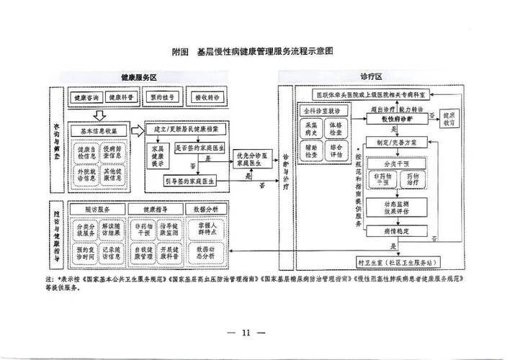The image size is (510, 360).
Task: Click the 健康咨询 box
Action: [x=86, y=96]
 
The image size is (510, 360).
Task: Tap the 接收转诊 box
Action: [x=207, y=96]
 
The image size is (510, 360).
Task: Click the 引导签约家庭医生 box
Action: [x=191, y=179]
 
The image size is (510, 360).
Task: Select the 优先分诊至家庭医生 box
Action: [x=253, y=159]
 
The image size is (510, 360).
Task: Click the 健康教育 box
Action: [x=449, y=118]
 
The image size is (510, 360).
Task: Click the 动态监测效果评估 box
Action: [x=395, y=208]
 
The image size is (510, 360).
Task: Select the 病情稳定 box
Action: [x=395, y=231]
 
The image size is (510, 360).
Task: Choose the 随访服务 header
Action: [x=98, y=208]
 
